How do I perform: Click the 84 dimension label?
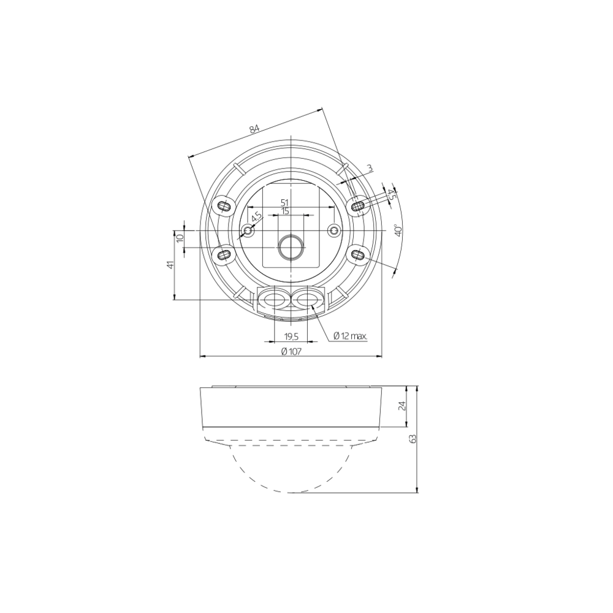click(254, 129)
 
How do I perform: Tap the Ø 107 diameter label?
click(291, 351)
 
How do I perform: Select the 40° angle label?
click(398, 230)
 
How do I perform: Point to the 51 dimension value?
click(284, 202)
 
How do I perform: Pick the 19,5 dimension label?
click(291, 336)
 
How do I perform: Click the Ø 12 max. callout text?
click(350, 336)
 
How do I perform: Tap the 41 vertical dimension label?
click(170, 265)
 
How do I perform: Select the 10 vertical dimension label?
click(180, 238)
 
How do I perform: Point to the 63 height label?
click(413, 438)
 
